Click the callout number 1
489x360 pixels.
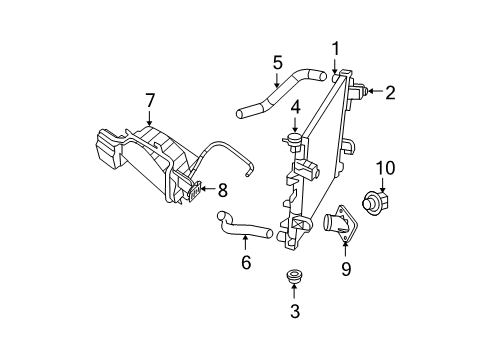(336, 47)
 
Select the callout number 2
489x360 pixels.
(390, 93)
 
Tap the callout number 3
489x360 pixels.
(293, 311)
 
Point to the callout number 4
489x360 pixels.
(296, 107)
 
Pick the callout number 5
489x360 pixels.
(276, 62)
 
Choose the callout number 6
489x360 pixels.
(245, 262)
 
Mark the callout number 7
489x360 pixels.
(150, 100)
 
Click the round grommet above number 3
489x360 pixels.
(293, 275)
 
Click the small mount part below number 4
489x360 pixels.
(297, 137)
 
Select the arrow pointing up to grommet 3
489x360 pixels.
(293, 292)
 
